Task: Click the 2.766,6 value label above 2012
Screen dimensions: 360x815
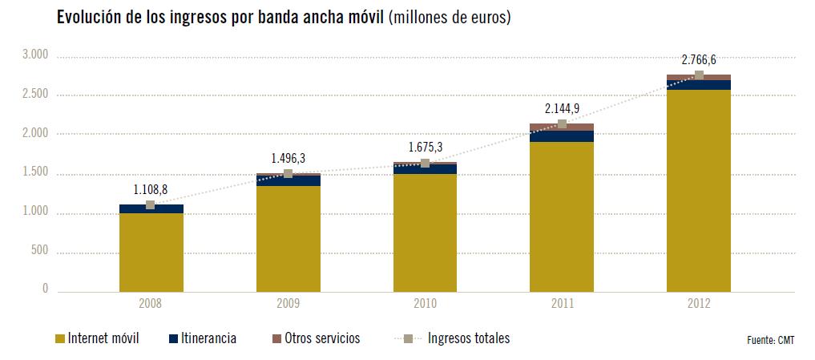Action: (x=698, y=59)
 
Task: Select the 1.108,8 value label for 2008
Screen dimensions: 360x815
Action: (x=150, y=189)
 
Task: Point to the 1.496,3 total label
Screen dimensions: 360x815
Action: (x=287, y=158)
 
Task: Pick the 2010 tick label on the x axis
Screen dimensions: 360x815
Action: (x=425, y=304)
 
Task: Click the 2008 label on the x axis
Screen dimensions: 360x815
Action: (x=151, y=304)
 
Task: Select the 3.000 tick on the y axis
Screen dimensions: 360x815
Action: (x=35, y=55)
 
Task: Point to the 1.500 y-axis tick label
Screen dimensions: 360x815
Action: (x=35, y=173)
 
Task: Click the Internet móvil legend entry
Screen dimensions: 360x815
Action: (x=96, y=338)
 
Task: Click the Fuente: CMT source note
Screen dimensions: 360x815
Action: (x=770, y=341)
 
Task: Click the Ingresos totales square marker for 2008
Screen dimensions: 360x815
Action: (x=151, y=205)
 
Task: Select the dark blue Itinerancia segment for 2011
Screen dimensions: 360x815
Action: (x=562, y=136)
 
